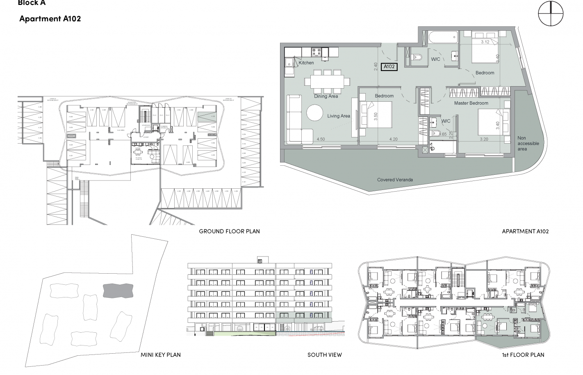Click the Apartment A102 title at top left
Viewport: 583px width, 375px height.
(x=50, y=19)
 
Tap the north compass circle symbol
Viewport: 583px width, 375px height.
(x=551, y=14)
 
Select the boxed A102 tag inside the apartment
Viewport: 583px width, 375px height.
(x=389, y=66)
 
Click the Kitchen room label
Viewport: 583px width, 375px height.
(x=306, y=63)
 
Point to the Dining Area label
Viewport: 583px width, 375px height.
(x=326, y=96)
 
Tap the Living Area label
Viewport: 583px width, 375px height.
(x=339, y=116)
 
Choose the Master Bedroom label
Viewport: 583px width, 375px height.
(x=471, y=103)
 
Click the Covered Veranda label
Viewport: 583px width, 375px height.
(x=395, y=180)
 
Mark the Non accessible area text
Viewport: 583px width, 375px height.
(x=528, y=144)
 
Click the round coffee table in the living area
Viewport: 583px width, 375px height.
(x=315, y=113)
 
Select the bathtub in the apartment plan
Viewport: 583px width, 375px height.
(x=443, y=38)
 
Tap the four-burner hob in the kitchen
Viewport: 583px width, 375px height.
(x=317, y=52)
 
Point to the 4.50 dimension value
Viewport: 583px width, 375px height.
(x=321, y=139)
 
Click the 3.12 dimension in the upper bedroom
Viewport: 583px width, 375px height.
(x=485, y=42)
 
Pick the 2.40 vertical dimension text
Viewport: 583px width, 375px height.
(x=375, y=67)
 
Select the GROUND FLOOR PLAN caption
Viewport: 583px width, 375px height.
(x=229, y=231)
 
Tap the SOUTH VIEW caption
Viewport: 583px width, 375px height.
(x=324, y=355)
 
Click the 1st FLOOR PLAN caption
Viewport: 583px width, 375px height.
(x=523, y=355)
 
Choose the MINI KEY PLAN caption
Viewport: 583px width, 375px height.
(x=161, y=355)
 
